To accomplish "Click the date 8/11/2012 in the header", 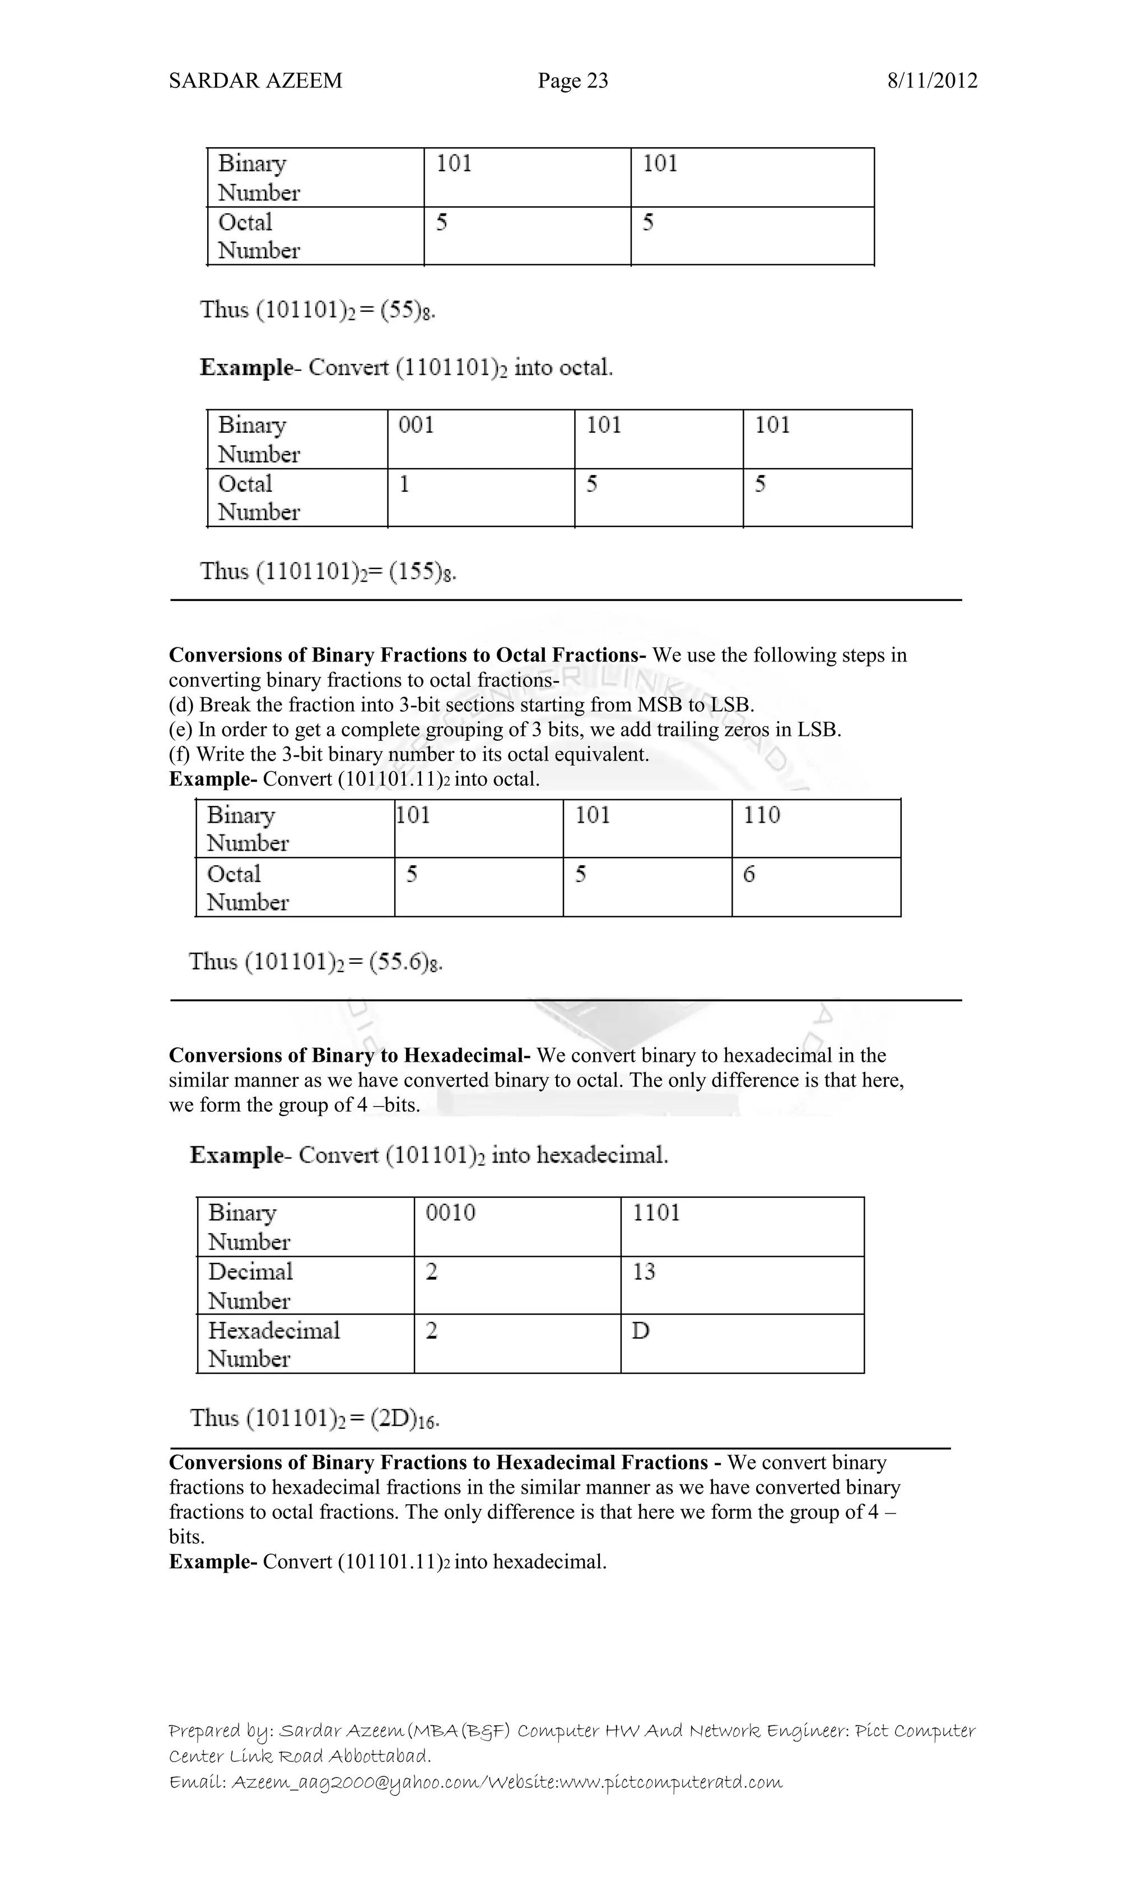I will click(931, 81).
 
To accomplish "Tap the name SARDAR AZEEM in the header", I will click(255, 81).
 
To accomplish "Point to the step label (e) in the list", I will click(181, 730).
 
